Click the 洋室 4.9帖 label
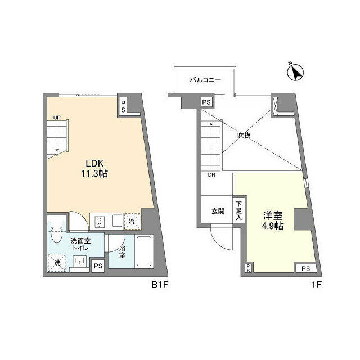click(273, 220)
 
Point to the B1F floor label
click(159, 285)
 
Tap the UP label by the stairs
click(57, 118)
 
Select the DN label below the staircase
click(211, 175)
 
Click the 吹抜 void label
click(243, 135)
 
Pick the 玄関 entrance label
click(218, 212)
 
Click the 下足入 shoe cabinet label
click(239, 211)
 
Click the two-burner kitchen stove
click(100, 221)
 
